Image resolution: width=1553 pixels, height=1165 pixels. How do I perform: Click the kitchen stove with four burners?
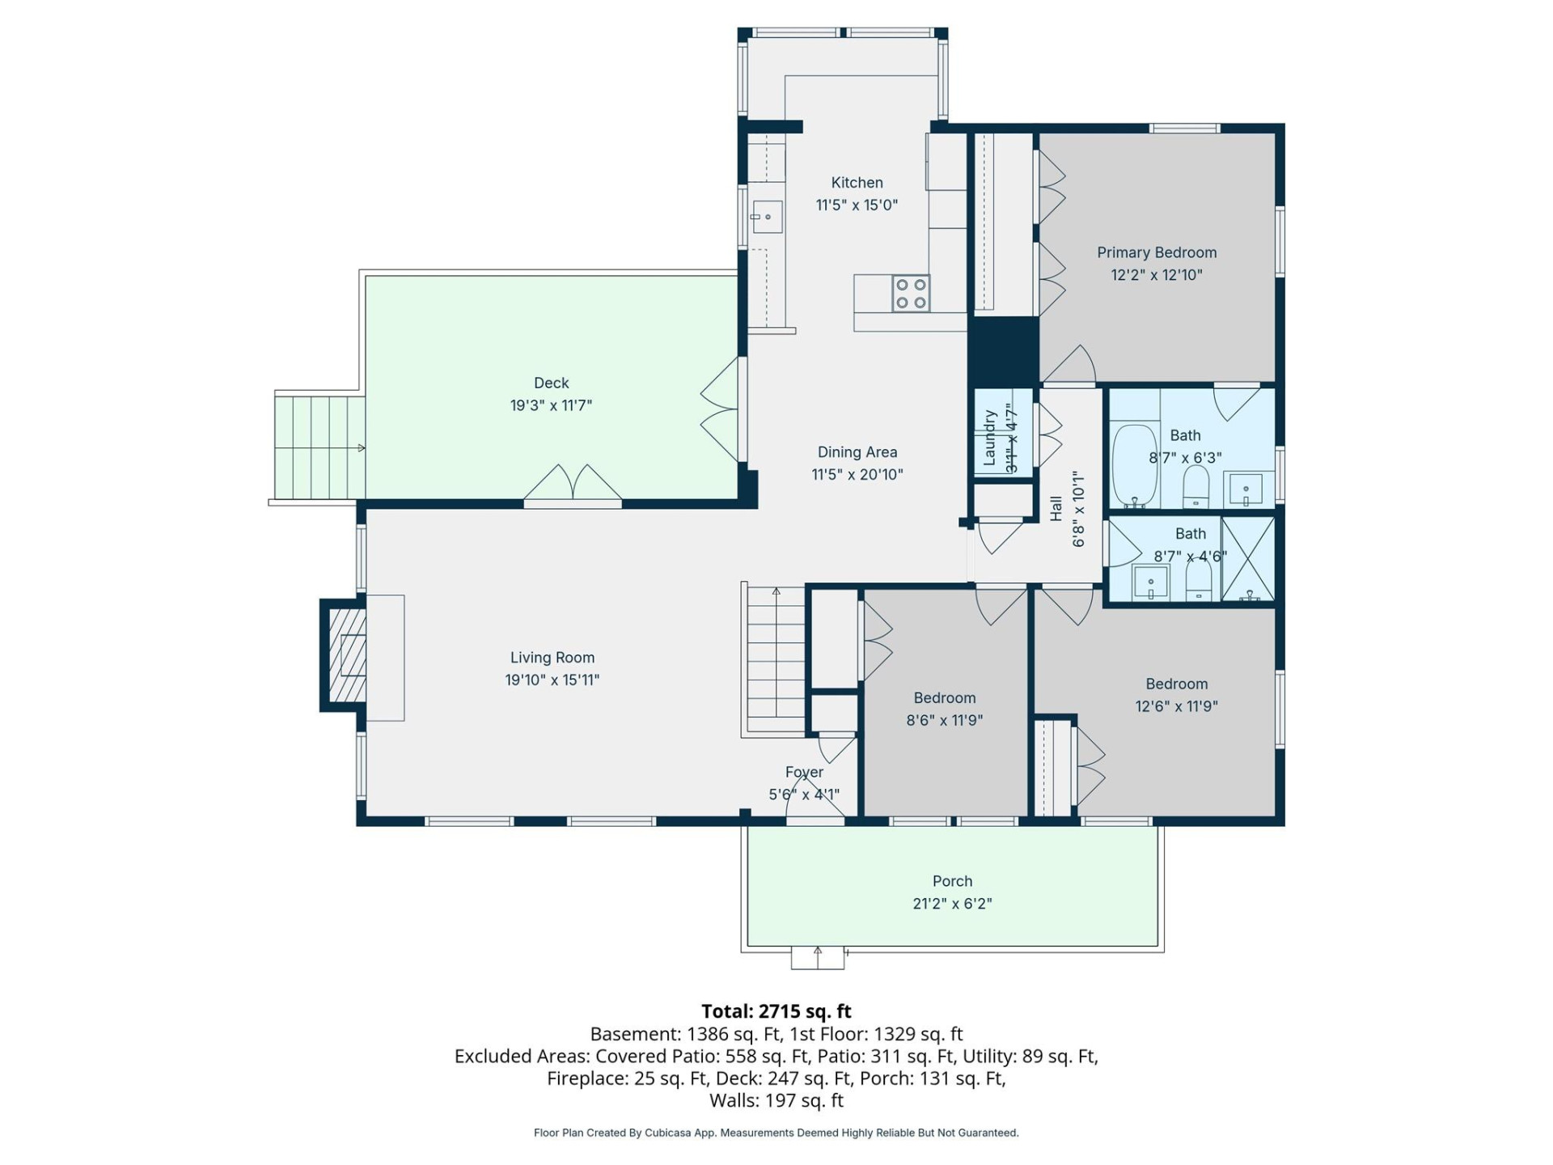coord(911,294)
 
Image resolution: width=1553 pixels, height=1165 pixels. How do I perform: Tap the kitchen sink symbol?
coord(766,217)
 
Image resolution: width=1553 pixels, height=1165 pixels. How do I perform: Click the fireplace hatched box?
coord(346,655)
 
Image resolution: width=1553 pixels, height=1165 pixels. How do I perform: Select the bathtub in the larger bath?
coord(1134,466)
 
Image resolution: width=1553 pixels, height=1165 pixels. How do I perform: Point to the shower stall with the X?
coord(1248,559)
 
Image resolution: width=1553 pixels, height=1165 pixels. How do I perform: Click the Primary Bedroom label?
coord(1157,252)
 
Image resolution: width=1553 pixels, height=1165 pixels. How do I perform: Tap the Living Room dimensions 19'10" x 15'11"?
coord(552,680)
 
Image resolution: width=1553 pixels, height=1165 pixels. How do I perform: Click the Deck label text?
coord(551,383)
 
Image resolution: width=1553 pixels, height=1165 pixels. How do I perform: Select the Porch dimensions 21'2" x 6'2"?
coord(952,904)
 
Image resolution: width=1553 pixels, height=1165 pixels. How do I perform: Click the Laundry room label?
coord(989,438)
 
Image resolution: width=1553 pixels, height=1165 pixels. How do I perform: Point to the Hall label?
coord(1056,509)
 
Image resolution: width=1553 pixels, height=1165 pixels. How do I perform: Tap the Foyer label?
coord(804,773)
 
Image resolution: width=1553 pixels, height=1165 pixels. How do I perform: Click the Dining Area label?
coord(857,452)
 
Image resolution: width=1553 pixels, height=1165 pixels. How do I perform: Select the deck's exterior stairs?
coord(319,447)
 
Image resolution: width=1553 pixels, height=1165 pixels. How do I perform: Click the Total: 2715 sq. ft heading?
coord(776,1011)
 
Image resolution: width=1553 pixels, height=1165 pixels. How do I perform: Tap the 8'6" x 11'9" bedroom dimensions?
coord(944,720)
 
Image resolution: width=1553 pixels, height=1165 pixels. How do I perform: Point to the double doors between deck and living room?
coord(573,485)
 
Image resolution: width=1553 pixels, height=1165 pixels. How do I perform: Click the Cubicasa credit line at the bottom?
coord(776,1133)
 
